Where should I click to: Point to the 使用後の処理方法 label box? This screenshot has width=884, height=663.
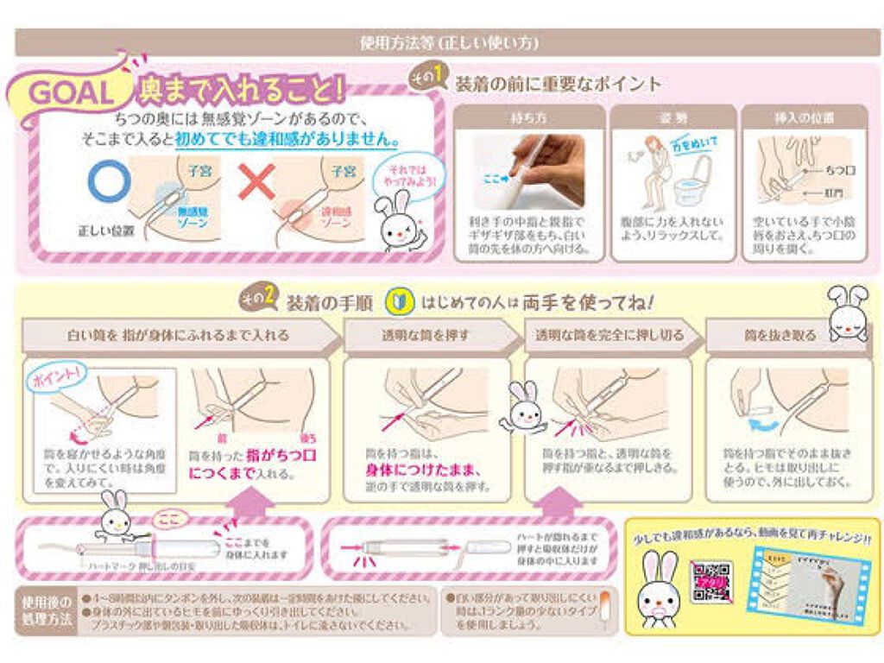click(46, 610)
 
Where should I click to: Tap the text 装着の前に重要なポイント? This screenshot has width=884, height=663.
click(557, 84)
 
